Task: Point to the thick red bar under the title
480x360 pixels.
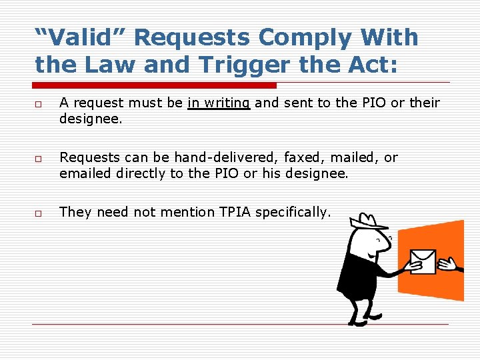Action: [155, 85]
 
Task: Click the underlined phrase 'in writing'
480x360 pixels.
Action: [219, 103]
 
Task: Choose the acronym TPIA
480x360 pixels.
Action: [235, 212]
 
